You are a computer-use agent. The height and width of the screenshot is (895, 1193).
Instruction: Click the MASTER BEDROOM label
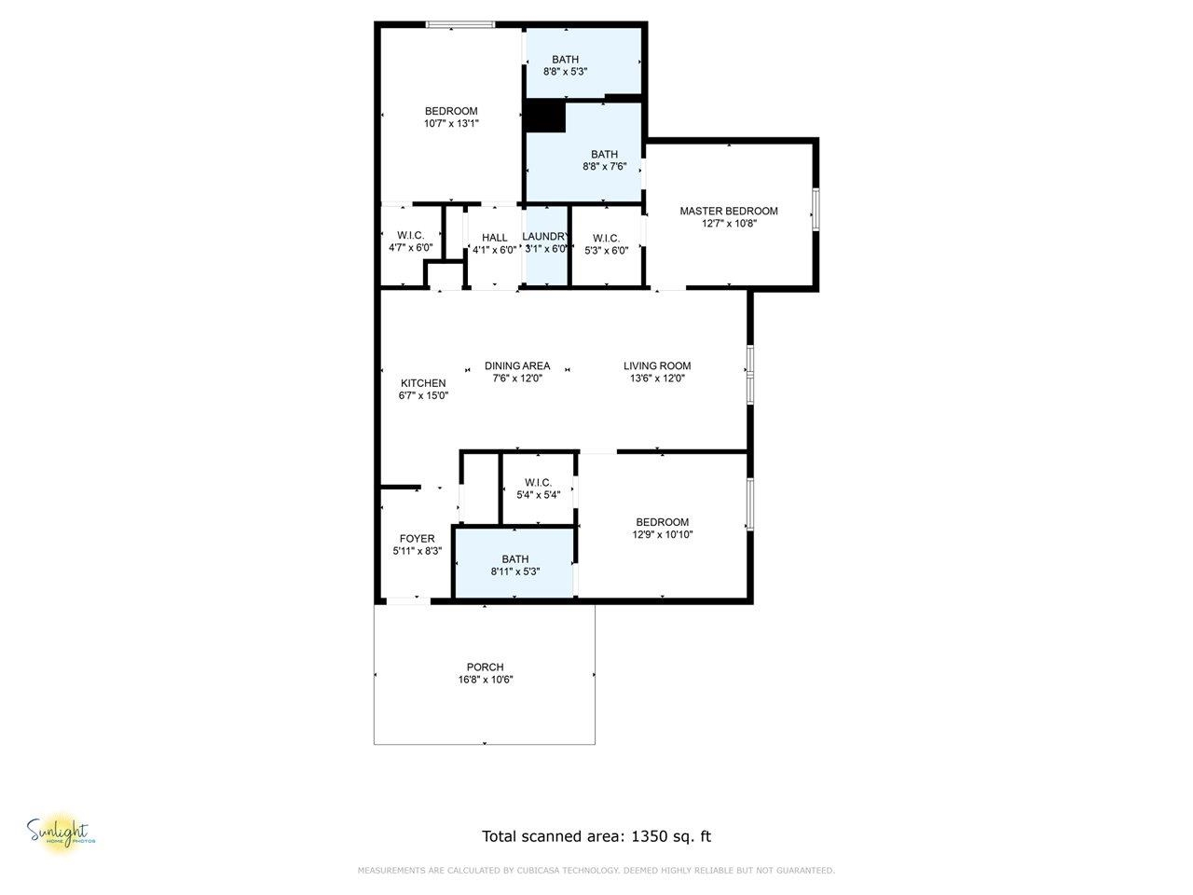728,211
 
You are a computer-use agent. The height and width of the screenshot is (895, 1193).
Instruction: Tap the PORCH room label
485,667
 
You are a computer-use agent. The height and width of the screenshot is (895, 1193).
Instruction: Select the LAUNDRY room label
545,237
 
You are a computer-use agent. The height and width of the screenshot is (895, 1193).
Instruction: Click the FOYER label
417,539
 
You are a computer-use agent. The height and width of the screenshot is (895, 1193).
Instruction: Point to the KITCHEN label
423,383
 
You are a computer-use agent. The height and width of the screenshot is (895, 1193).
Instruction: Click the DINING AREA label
517,365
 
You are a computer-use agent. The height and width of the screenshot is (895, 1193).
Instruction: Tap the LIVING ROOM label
657,365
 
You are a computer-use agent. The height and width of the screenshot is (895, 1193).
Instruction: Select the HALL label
495,238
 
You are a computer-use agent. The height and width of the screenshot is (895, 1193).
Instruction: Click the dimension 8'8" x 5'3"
565,71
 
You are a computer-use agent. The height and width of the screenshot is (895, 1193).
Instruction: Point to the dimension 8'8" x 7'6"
604,167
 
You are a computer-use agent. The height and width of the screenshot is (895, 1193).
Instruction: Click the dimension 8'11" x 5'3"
515,571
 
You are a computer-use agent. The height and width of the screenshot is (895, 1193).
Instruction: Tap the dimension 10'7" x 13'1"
451,123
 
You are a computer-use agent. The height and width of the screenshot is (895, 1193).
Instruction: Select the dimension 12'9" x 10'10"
662,534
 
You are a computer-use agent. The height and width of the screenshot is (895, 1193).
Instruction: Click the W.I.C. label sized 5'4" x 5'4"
538,482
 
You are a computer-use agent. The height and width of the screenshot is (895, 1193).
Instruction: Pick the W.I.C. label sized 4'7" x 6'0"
411,236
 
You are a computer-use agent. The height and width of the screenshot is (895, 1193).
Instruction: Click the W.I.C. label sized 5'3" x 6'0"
606,238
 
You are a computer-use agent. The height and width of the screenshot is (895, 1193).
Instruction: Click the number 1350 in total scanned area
651,836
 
